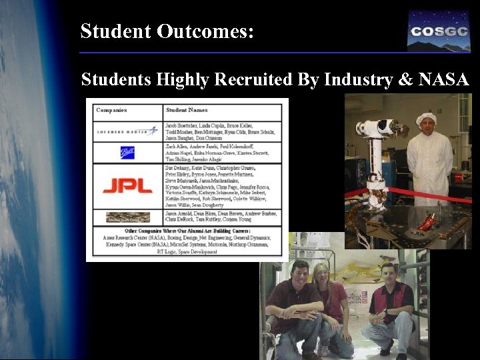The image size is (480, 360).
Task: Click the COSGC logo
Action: point(439,31)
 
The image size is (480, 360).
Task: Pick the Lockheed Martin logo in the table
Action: point(126,131)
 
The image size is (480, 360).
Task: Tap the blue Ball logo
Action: point(127,153)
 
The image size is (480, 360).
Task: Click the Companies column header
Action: point(111,110)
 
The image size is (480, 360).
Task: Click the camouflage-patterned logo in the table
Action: point(127,217)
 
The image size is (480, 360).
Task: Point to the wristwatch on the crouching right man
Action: point(385,311)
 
